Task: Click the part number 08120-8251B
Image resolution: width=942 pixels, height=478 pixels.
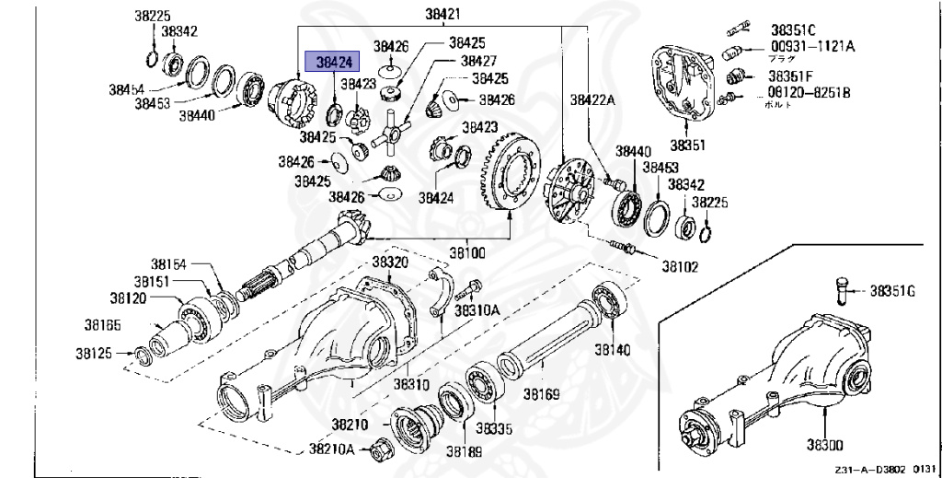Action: click(810, 93)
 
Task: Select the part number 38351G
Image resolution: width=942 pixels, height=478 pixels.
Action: click(893, 291)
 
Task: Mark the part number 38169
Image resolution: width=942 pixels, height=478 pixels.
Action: click(542, 394)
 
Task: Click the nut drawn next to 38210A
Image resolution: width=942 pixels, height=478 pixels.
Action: click(376, 450)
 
